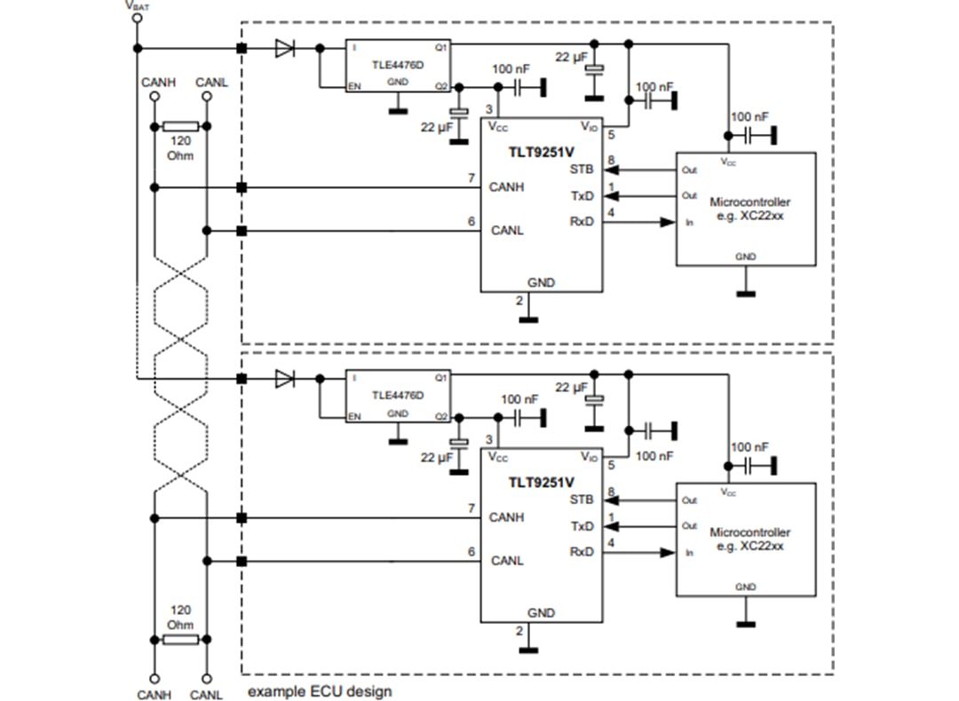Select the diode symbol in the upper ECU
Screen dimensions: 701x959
[x=284, y=48]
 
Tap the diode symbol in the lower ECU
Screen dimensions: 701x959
[x=284, y=379]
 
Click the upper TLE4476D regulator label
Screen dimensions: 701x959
[x=397, y=64]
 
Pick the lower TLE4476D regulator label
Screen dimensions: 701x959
[x=397, y=395]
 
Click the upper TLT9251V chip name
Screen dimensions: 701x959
[x=540, y=152]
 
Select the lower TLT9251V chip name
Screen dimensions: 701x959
[x=540, y=483]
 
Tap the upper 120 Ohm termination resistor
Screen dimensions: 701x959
[x=180, y=126]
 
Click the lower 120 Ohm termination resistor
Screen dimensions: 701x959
[x=180, y=639]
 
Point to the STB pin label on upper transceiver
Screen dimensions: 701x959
[x=582, y=169]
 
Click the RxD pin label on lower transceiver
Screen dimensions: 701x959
[x=582, y=552]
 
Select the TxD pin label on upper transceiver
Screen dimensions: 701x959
[x=582, y=195]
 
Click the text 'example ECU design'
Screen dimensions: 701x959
[x=319, y=690]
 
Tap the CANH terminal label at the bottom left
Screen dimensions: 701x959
[x=155, y=695]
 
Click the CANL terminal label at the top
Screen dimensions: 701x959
[x=211, y=83]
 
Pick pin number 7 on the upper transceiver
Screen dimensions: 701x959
[x=472, y=178]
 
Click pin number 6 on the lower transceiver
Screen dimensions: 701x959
[x=472, y=552]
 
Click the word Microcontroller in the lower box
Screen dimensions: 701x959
[x=749, y=532]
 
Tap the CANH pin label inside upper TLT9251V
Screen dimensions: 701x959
[x=507, y=187]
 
